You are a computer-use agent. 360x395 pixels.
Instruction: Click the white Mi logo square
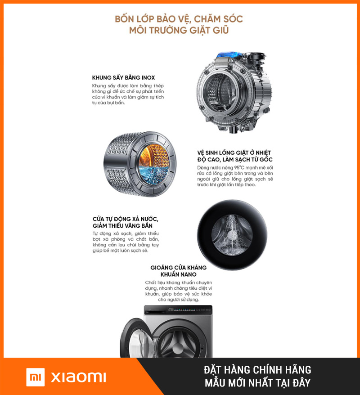[36, 377]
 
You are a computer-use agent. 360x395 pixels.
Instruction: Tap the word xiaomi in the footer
[78, 377]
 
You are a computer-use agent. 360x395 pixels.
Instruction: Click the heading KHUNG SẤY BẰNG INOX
[123, 77]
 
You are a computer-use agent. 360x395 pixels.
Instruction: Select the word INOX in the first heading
[148, 77]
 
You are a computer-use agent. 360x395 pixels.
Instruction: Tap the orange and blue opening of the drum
[154, 164]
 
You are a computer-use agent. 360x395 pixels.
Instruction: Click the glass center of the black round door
[232, 235]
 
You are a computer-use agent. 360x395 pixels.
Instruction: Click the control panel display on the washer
[189, 310]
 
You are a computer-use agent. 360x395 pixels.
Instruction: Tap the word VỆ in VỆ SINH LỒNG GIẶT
[201, 153]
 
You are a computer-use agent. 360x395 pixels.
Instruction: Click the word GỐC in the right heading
[266, 159]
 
